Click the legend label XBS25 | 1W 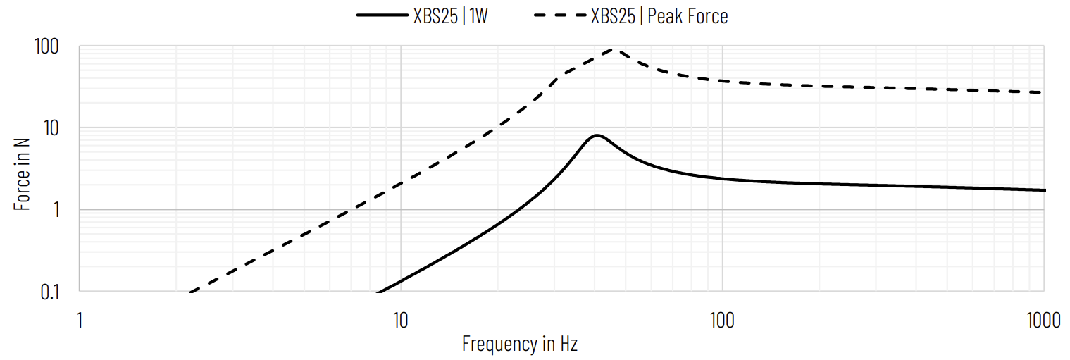tap(450, 16)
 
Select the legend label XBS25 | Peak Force tap(659, 16)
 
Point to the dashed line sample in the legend tap(561, 15)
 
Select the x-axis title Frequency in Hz tap(520, 344)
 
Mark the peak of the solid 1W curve tap(597, 135)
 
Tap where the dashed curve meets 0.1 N tap(191, 291)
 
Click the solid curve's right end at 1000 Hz tap(1044, 190)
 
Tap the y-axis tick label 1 tap(58, 210)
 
